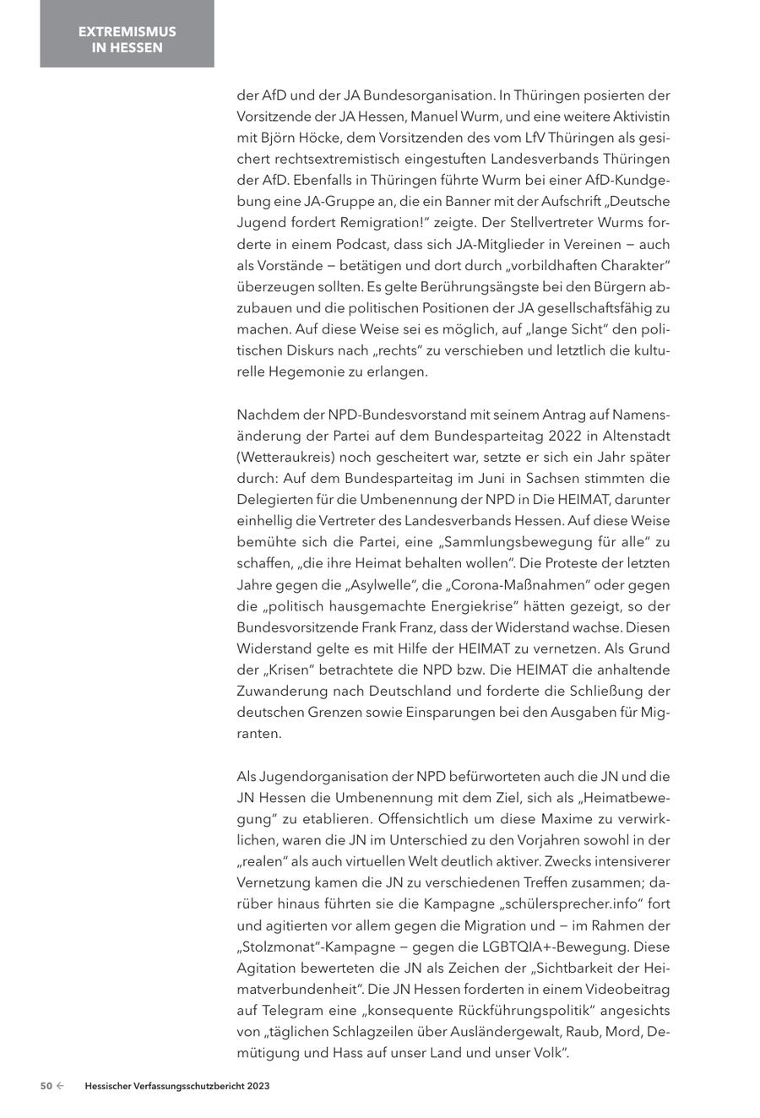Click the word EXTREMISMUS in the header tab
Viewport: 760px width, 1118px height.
pyautogui.click(x=128, y=31)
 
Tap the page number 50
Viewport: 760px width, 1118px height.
pyautogui.click(x=46, y=1087)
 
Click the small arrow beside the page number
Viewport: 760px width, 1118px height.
pyautogui.click(x=60, y=1087)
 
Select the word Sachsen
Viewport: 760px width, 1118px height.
pyautogui.click(x=497, y=478)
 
